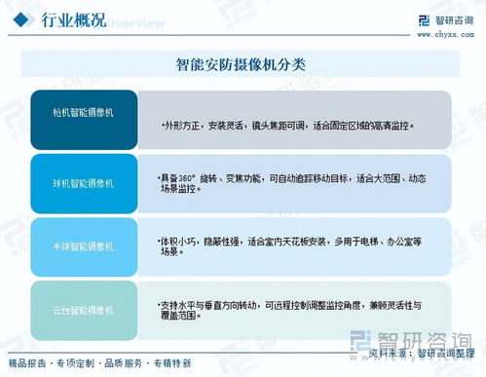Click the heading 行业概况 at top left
pos(74,20)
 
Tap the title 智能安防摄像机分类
pos(243,65)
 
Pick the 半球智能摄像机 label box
pos(84,246)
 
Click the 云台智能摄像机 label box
pos(84,310)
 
